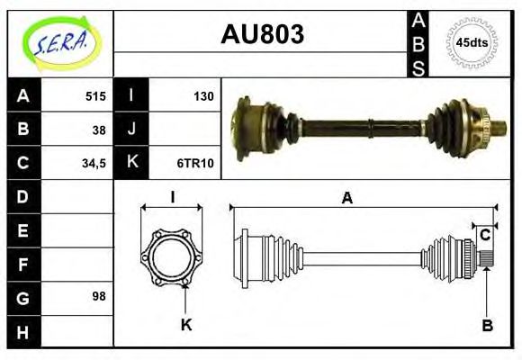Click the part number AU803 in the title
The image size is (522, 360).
pos(262,35)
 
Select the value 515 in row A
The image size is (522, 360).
pos(95,96)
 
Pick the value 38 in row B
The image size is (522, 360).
pos(99,129)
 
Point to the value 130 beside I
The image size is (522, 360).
pos(203,96)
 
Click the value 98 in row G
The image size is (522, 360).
pos(99,296)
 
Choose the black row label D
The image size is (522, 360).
pos(22,196)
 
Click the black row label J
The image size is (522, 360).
pos(131,129)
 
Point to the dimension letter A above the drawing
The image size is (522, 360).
pos(346,199)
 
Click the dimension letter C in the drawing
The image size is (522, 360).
pos(484,236)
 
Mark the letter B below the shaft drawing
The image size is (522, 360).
pos(487,326)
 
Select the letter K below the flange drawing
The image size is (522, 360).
pos(186,325)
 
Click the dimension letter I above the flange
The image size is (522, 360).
pos(172,199)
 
